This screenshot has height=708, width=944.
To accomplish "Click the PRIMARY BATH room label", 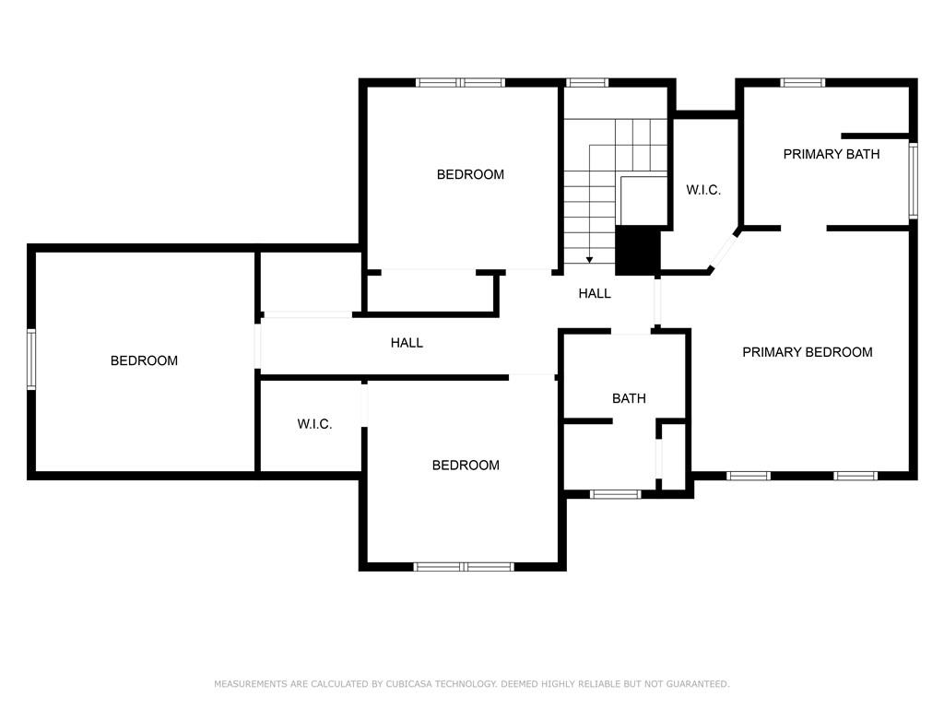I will click(831, 154).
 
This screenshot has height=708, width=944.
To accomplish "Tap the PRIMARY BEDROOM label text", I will click(807, 352).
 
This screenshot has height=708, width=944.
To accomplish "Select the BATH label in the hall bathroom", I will click(629, 398).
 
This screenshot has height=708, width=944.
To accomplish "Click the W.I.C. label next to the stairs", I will click(703, 190).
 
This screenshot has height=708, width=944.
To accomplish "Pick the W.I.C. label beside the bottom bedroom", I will click(314, 424).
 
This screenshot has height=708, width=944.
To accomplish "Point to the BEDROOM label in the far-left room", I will click(144, 360).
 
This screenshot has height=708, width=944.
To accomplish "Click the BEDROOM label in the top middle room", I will click(470, 174).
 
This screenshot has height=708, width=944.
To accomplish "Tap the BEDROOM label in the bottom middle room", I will click(466, 466).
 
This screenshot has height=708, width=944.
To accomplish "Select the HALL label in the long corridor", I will click(407, 343).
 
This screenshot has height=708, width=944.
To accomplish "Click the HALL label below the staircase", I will click(595, 293).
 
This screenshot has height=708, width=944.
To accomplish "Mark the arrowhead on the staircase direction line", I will click(590, 260).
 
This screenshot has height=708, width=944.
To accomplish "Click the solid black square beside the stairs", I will click(638, 250).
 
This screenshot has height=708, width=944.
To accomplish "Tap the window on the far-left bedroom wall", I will click(31, 360).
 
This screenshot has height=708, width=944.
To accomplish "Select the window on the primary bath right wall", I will click(913, 180).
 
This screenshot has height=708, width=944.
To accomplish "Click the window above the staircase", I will click(586, 83).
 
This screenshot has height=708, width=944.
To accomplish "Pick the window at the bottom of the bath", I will click(615, 494).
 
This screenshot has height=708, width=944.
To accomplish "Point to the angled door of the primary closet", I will click(725, 249).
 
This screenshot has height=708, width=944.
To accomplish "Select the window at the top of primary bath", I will click(802, 83).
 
